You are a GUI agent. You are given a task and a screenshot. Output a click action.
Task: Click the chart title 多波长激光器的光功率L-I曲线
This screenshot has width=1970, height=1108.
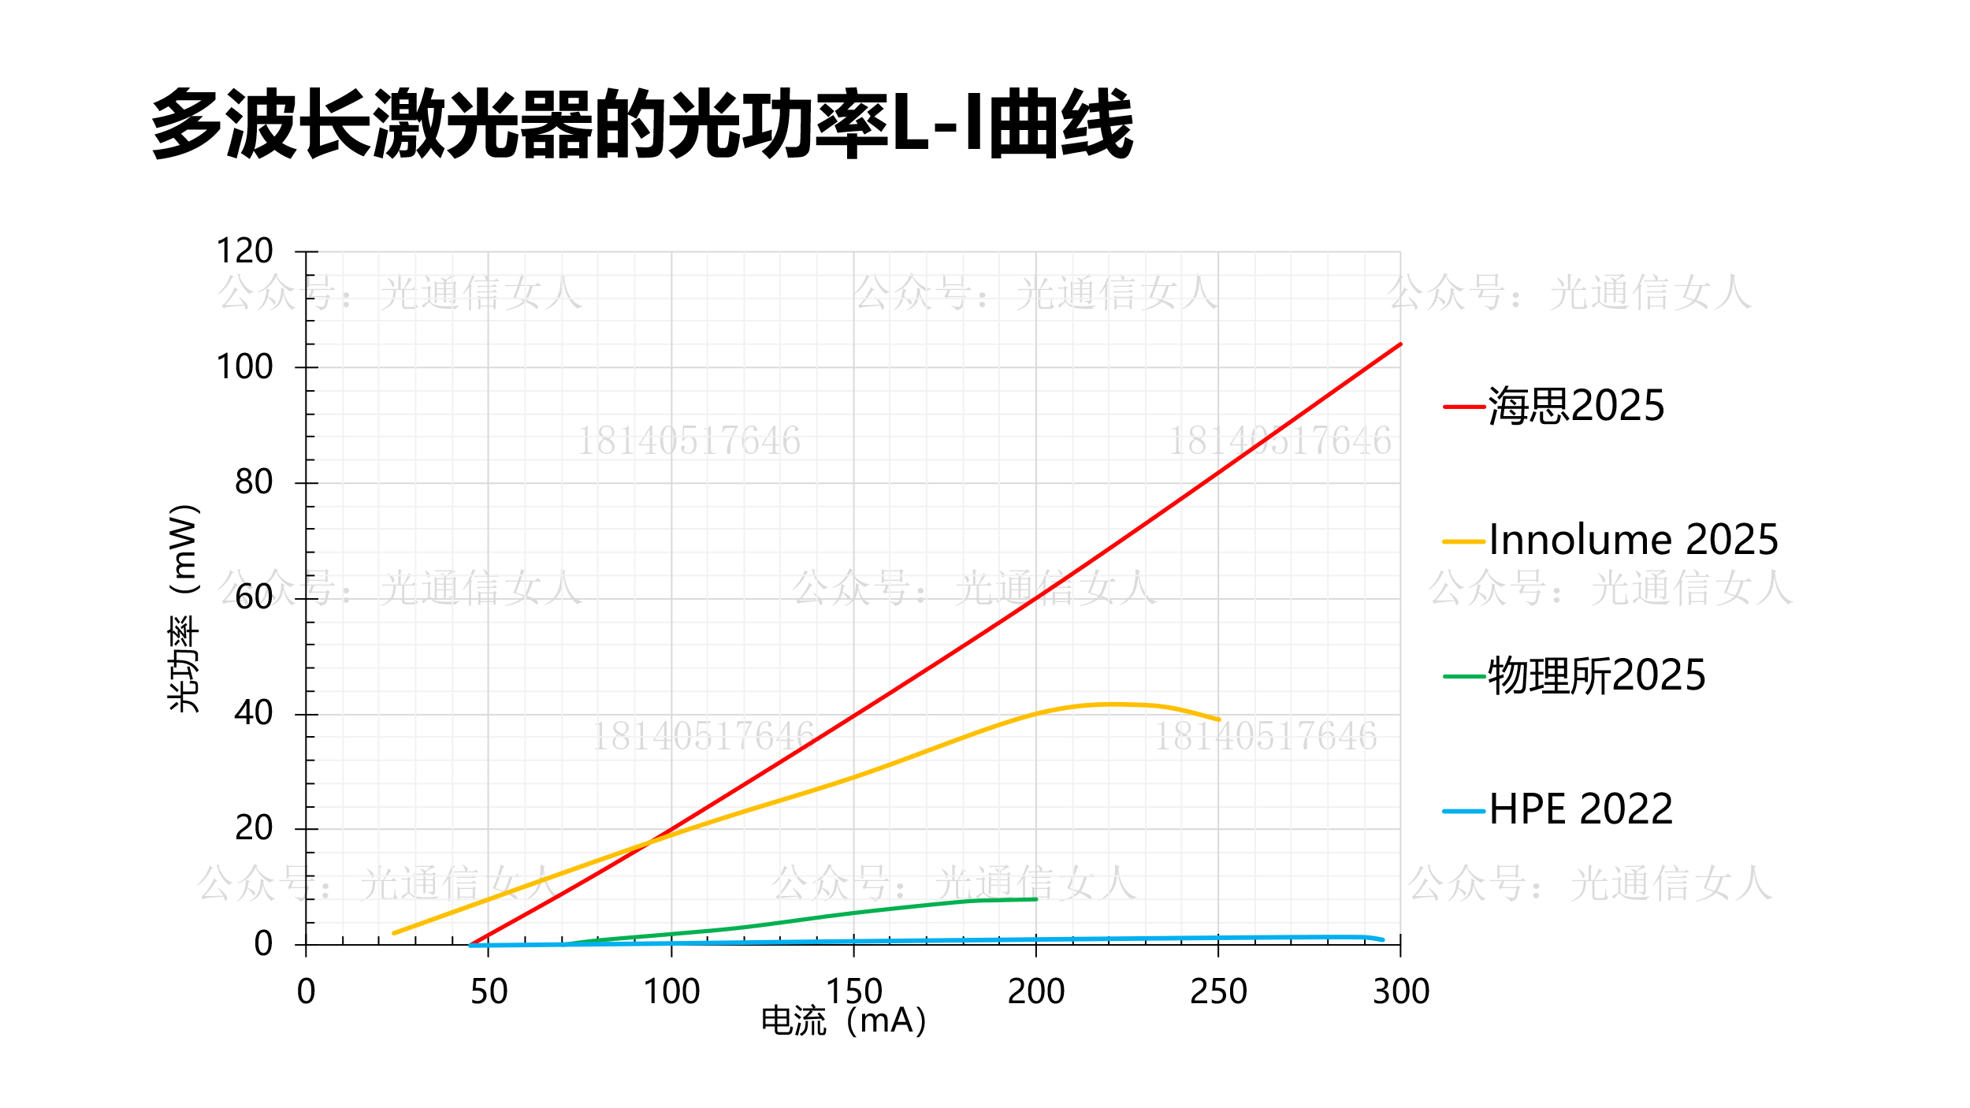[642, 124]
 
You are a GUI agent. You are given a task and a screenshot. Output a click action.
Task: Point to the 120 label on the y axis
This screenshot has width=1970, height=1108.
[244, 251]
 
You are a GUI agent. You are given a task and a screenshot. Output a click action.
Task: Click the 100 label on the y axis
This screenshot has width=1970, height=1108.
[244, 367]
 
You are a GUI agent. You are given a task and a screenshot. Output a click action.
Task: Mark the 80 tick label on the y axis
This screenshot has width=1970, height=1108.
[253, 482]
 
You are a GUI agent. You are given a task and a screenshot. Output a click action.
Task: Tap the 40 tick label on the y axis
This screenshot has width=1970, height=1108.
[253, 713]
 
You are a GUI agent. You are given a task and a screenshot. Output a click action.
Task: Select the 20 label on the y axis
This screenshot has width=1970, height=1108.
[253, 828]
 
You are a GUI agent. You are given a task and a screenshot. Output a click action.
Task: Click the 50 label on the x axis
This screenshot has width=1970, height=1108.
[489, 991]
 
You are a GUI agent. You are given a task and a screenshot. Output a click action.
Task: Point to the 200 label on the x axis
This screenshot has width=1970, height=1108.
[1035, 991]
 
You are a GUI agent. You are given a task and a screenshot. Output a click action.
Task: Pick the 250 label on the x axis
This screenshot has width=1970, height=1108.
[1218, 991]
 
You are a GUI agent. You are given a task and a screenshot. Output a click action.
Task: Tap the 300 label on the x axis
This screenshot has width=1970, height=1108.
[1400, 991]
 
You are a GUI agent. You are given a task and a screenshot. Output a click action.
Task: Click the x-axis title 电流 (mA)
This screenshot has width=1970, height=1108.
[843, 1021]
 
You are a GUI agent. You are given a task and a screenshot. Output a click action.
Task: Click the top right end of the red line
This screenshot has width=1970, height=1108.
[1400, 344]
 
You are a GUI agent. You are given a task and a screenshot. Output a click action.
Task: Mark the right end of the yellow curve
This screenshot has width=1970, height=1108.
[1218, 719]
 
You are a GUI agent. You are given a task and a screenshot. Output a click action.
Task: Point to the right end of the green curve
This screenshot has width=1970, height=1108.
[1035, 899]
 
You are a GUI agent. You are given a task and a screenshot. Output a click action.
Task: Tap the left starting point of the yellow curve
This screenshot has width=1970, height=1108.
[394, 933]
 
